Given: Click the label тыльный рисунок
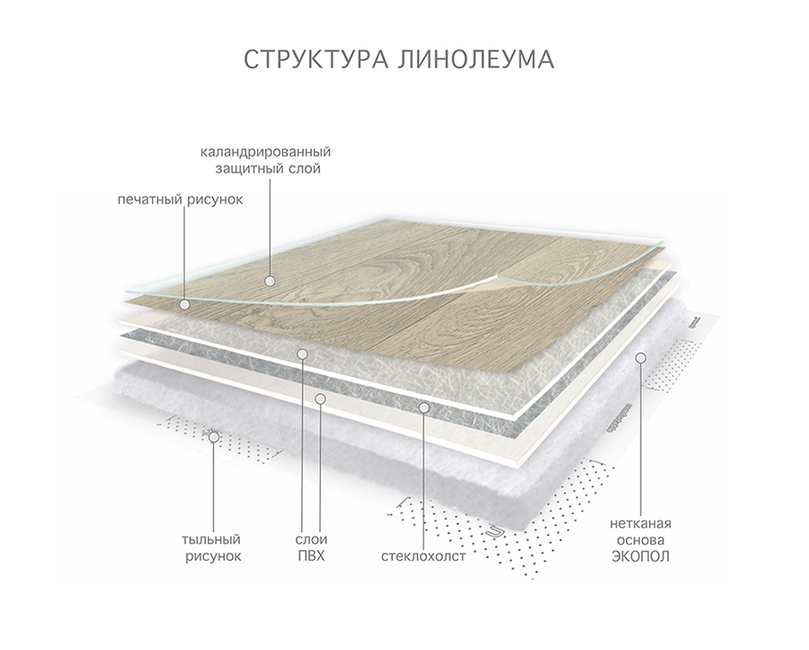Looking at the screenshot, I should (211, 548).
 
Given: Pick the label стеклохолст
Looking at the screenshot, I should (423, 557).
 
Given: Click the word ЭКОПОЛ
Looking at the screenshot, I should (639, 557).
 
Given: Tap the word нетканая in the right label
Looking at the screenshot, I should (639, 522).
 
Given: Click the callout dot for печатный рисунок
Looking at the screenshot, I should (184, 304).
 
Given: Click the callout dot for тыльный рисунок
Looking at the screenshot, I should (212, 438).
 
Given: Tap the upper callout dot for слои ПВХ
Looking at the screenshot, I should (303, 352).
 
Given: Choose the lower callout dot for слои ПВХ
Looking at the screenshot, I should (320, 396).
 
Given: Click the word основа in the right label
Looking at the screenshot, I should (639, 539).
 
